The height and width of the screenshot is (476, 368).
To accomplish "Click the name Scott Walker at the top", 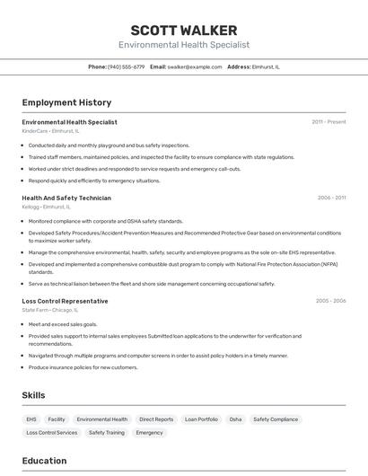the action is tap(184, 31).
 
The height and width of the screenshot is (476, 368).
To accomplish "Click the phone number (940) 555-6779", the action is tap(126, 66).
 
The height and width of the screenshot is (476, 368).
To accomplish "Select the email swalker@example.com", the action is tap(194, 66).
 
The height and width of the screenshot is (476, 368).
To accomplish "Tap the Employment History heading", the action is tap(66, 102).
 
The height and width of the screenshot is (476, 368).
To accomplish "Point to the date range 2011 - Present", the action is tap(329, 122).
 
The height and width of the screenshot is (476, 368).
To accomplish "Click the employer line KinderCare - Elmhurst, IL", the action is tap(51, 131).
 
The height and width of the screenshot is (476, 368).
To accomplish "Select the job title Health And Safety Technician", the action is tap(66, 198).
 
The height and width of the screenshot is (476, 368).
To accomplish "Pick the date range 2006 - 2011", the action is tap(331, 198).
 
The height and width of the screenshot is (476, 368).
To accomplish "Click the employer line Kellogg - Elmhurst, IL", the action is tap(47, 207).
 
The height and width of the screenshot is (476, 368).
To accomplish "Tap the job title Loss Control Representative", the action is tap(65, 301).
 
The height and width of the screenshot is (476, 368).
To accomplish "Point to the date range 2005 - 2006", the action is tap(330, 301).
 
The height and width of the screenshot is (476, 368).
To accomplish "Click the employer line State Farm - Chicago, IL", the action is tap(49, 310).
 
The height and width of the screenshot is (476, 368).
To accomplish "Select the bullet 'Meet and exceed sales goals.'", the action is tap(63, 324).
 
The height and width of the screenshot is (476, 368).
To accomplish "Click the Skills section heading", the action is tap(33, 395).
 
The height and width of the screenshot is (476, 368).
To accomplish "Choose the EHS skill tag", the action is tap(31, 419).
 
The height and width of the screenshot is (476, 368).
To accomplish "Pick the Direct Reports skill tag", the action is tap(156, 419).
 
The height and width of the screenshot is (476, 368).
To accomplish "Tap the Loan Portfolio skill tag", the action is tap(201, 419).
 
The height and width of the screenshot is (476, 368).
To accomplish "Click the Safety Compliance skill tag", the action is tap(276, 419).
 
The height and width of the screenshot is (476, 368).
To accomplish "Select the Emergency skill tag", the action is tap(149, 433).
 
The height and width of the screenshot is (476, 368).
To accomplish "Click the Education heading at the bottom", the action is tap(44, 461).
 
